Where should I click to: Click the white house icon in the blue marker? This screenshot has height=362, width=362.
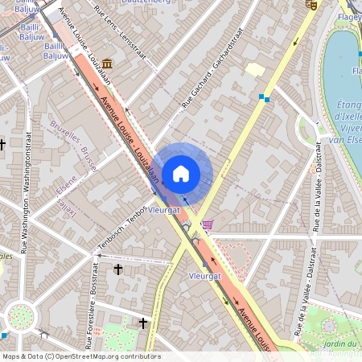181,173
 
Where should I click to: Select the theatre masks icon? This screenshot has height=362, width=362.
311,5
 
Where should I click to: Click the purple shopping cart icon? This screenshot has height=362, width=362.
208,224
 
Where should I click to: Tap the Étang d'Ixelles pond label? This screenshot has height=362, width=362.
347,117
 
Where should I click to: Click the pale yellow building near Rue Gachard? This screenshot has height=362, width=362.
255,70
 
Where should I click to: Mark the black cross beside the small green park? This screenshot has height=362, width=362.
144,323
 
